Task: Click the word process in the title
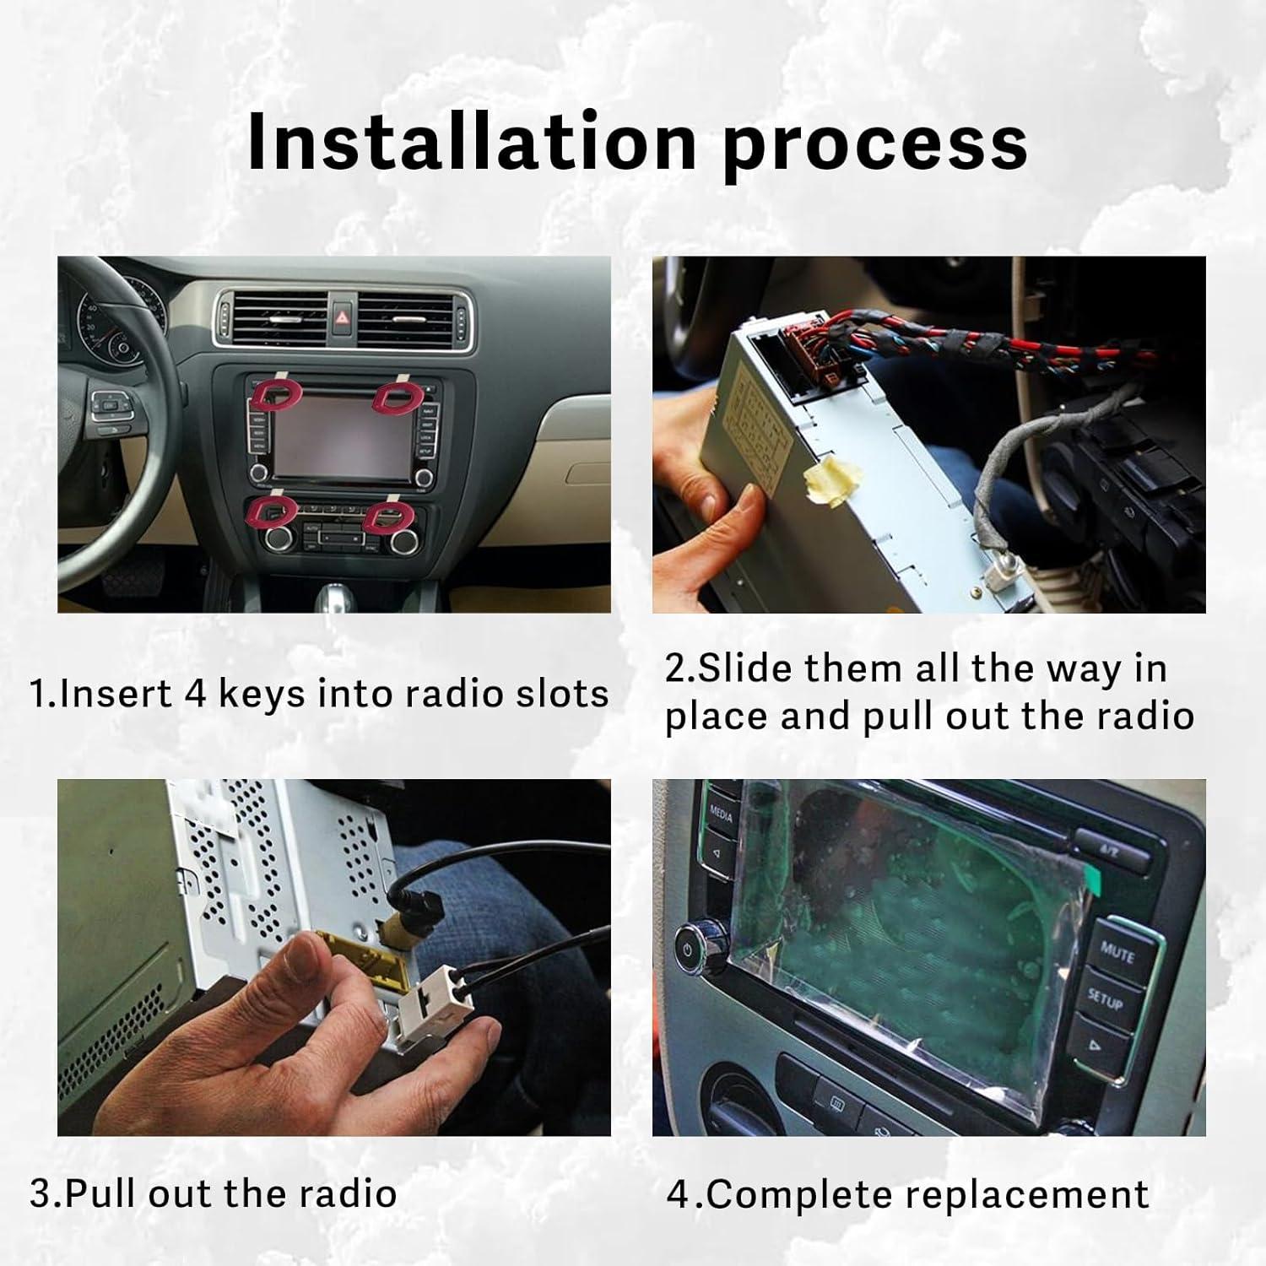874,145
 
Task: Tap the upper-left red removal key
276,394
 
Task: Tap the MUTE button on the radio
1116,953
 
